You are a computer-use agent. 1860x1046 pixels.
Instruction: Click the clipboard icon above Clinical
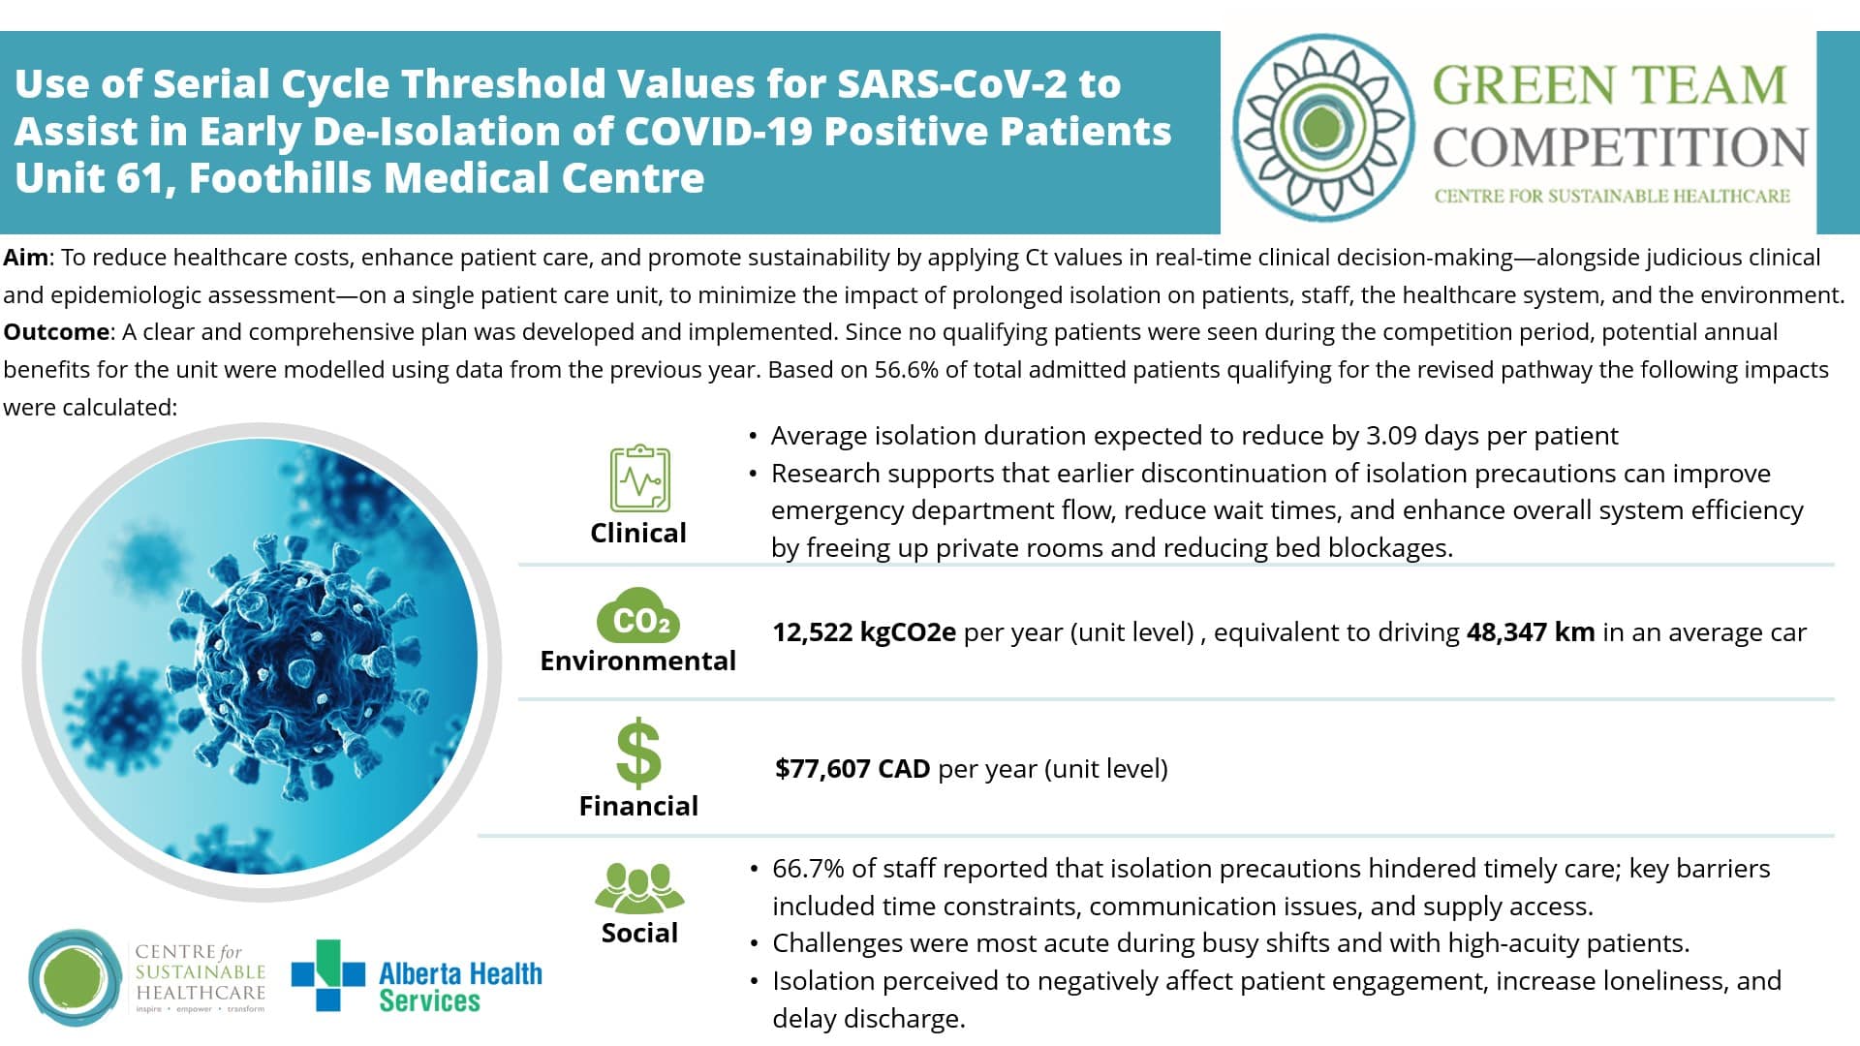click(639, 477)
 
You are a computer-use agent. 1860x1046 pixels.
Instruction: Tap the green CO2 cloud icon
click(638, 617)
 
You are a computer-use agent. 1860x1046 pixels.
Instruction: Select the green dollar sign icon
click(638, 752)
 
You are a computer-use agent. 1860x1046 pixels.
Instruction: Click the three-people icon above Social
click(638, 887)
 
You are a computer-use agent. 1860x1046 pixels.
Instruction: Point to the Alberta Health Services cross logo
click(328, 974)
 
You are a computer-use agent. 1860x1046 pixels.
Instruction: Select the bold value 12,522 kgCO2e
click(864, 632)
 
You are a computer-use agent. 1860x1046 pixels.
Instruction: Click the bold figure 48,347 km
click(1531, 632)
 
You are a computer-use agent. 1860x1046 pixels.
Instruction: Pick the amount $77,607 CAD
click(852, 769)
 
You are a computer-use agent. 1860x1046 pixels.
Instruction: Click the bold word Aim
click(26, 258)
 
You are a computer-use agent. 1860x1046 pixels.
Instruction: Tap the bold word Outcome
click(56, 332)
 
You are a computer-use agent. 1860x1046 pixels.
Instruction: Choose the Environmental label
click(637, 661)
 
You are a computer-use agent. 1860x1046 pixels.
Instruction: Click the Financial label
click(638, 806)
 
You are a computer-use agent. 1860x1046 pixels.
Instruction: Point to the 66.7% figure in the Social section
click(808, 869)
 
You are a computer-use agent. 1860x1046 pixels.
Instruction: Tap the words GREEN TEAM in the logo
click(1609, 86)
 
